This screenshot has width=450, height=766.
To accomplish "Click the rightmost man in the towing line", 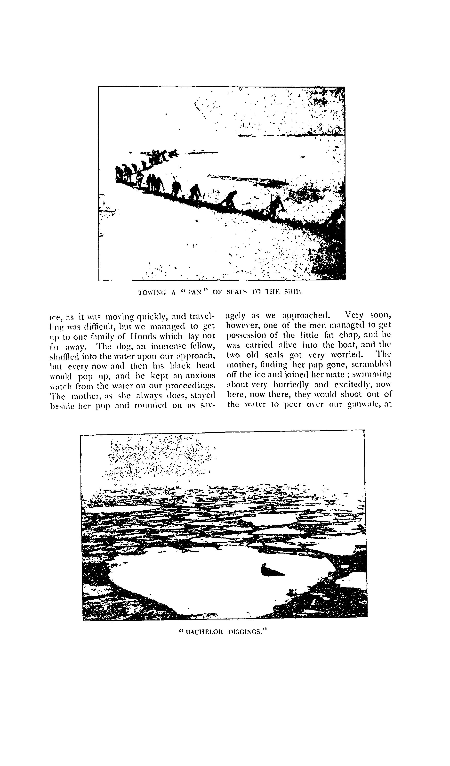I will pos(276,208).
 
